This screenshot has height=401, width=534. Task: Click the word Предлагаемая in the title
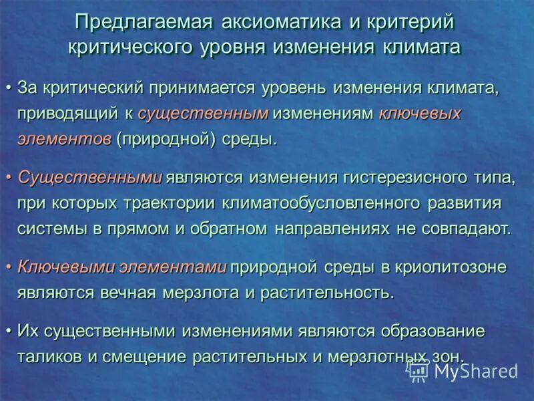pos(144,21)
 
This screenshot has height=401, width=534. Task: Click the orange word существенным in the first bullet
pos(203,114)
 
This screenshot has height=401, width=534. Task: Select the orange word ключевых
pos(420,114)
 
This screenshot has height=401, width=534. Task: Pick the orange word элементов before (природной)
pos(64,140)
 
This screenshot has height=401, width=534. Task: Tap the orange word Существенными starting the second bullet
pos(89,178)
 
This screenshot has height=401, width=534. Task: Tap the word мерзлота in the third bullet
pos(209,293)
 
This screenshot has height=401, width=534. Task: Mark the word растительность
pos(326,293)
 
